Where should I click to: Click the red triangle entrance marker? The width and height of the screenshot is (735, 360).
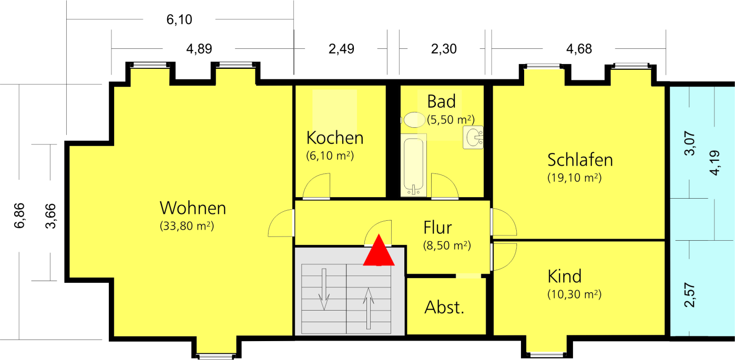click(x=379, y=250)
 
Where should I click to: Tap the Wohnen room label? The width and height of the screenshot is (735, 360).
click(x=193, y=208)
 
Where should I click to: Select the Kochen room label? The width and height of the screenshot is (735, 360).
click(x=335, y=138)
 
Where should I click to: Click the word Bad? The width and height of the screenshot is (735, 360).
click(x=441, y=101)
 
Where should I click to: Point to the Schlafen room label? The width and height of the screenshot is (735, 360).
click(x=580, y=160)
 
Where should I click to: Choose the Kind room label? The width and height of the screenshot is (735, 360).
click(x=564, y=276)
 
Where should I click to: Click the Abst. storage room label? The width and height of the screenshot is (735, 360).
click(x=444, y=307)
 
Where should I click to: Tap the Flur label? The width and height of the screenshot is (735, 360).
click(x=437, y=228)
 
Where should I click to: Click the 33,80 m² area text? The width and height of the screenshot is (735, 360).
click(x=187, y=226)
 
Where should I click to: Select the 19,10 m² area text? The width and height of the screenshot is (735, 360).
click(x=574, y=178)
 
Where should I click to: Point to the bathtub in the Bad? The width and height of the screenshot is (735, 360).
click(x=413, y=165)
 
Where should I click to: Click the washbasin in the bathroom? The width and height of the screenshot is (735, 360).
click(x=473, y=137)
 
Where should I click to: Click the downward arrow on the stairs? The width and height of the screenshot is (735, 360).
click(x=324, y=289)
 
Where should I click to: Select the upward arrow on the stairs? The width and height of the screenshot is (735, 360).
click(x=369, y=308)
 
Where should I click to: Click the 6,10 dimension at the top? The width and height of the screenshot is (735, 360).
click(x=179, y=19)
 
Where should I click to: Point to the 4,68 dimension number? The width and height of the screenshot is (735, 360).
click(x=579, y=49)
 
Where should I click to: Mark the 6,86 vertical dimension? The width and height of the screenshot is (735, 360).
click(x=19, y=215)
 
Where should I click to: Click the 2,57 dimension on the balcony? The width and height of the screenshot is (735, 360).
click(x=689, y=295)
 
